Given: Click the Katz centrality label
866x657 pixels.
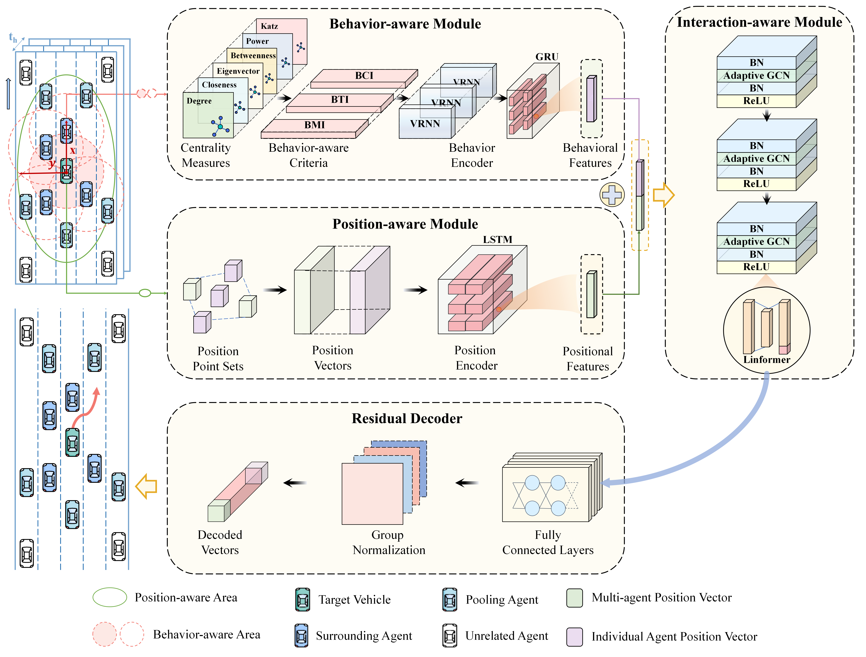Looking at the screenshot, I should pos(269,26).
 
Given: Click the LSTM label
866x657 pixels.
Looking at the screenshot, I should pos(497,239).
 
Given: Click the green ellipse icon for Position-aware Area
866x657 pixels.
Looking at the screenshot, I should pos(110,597).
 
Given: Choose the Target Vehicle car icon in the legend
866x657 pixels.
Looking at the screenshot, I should pos(303,599).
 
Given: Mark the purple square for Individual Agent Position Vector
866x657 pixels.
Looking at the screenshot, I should pos(574,636).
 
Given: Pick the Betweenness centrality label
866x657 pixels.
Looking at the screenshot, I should pos(253,56).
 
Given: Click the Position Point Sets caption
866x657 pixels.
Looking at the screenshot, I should pos(218,358).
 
